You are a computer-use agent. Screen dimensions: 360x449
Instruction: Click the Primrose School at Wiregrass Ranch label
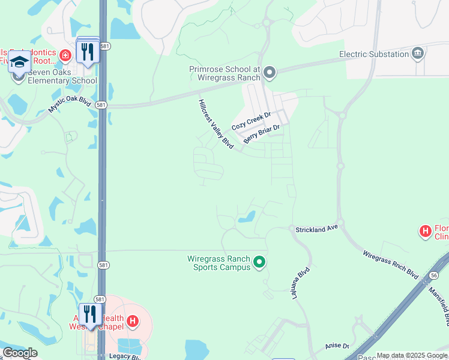224,73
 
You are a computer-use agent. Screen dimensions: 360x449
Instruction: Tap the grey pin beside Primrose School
270,73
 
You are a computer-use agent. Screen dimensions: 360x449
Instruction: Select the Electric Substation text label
374,54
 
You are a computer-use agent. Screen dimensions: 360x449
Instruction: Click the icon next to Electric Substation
417,54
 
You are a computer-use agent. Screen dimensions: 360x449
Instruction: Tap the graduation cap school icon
19,62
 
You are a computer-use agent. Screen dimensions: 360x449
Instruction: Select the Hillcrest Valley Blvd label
215,124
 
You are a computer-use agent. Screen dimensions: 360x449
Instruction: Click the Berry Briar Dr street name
262,134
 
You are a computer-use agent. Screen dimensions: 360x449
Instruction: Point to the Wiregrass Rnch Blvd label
390,263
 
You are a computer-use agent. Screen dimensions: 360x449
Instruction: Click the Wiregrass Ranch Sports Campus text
218,262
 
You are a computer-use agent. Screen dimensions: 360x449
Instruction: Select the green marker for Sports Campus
259,262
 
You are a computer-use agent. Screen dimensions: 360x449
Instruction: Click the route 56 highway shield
433,275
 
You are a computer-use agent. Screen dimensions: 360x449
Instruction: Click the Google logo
20,353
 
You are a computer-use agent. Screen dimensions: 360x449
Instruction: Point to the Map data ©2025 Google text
412,355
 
